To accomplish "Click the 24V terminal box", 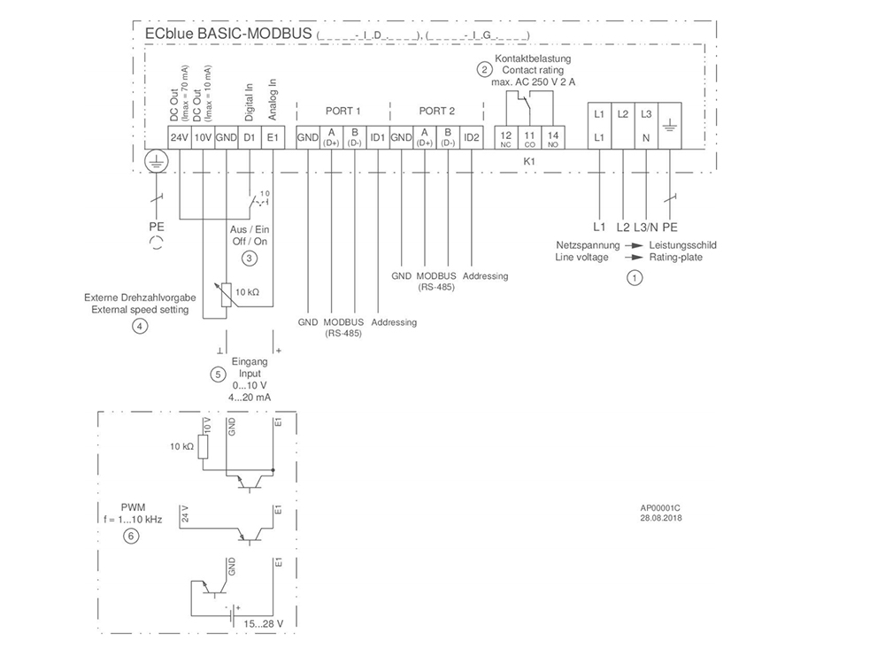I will point(180,137).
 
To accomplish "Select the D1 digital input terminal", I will point(250,137).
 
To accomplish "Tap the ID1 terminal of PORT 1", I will point(378,137).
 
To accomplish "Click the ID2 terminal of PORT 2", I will point(471,137).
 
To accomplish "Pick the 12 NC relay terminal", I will point(506,137).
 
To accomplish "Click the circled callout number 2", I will point(484,69).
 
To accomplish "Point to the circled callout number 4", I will point(139,326).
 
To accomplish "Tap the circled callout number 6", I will point(131,536).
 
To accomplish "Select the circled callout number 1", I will point(633,277).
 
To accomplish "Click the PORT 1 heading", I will point(343,112).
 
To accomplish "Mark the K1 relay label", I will point(529,162).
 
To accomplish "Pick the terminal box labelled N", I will point(646,137).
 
